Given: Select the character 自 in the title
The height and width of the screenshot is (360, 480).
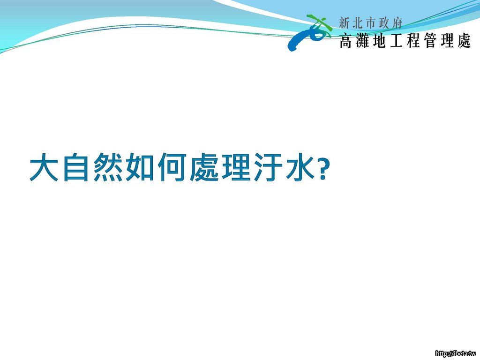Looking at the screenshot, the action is pyautogui.click(x=76, y=167).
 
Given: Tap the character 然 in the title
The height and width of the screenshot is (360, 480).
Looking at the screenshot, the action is pyautogui.click(x=107, y=167).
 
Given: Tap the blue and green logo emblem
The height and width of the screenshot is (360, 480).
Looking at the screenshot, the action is pyautogui.click(x=309, y=32).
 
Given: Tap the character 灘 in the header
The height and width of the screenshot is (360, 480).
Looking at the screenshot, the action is pyautogui.click(x=363, y=41).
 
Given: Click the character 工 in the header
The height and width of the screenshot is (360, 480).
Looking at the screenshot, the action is pyautogui.click(x=396, y=41).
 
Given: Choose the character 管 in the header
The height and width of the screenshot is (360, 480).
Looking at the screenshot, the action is pyautogui.click(x=430, y=41).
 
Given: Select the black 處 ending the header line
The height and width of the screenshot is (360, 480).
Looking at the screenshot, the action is pyautogui.click(x=464, y=41).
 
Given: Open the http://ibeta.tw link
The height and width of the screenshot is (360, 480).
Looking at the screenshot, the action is pyautogui.click(x=456, y=353).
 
